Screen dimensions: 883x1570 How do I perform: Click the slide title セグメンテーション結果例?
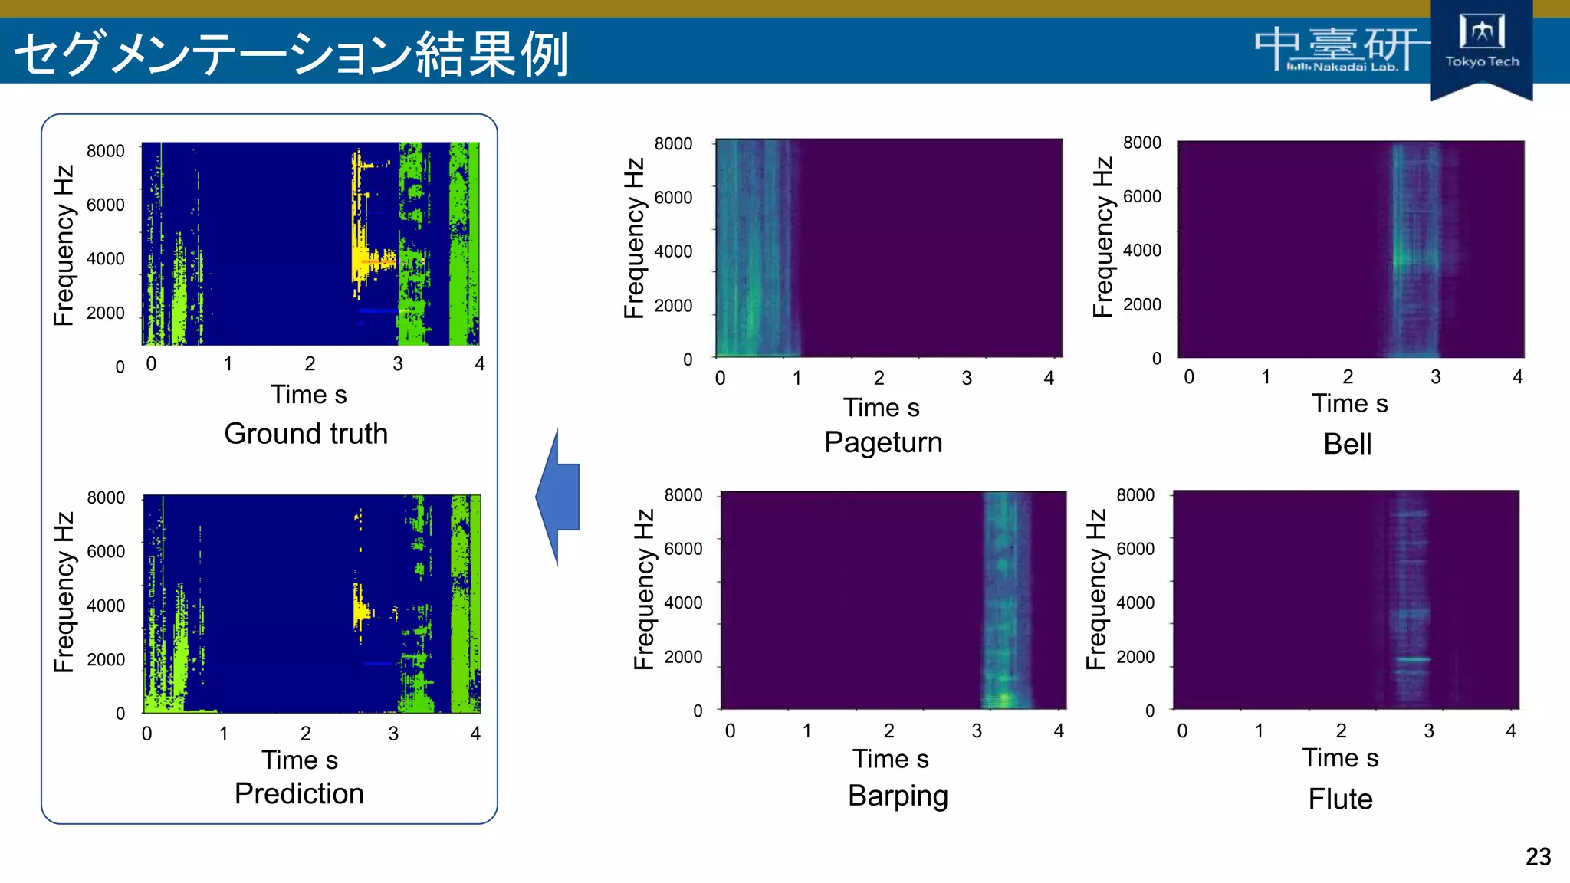(291, 54)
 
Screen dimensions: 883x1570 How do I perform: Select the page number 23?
(1538, 856)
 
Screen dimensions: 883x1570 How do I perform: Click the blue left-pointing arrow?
(558, 497)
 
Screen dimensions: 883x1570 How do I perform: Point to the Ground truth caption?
(306, 434)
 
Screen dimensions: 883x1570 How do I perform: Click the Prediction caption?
(299, 793)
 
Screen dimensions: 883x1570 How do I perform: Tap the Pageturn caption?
(883, 442)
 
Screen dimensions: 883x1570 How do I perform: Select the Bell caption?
(1347, 444)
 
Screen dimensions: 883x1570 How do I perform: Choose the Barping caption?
(898, 796)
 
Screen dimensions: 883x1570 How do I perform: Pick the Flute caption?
(1340, 799)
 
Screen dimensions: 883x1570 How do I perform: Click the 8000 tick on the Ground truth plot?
(106, 151)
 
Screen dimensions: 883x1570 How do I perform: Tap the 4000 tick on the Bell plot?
(1141, 251)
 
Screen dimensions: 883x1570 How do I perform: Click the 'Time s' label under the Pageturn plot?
(881, 408)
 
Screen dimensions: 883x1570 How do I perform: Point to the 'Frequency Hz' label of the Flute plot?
(1097, 589)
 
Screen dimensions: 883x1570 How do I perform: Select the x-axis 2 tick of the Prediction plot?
(305, 734)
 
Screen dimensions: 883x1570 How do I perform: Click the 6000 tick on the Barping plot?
(683, 549)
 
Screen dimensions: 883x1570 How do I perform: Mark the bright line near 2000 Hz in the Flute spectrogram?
(1412, 659)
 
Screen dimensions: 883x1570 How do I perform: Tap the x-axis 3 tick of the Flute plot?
(1428, 730)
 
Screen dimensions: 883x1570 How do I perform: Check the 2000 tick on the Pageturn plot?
(673, 306)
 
